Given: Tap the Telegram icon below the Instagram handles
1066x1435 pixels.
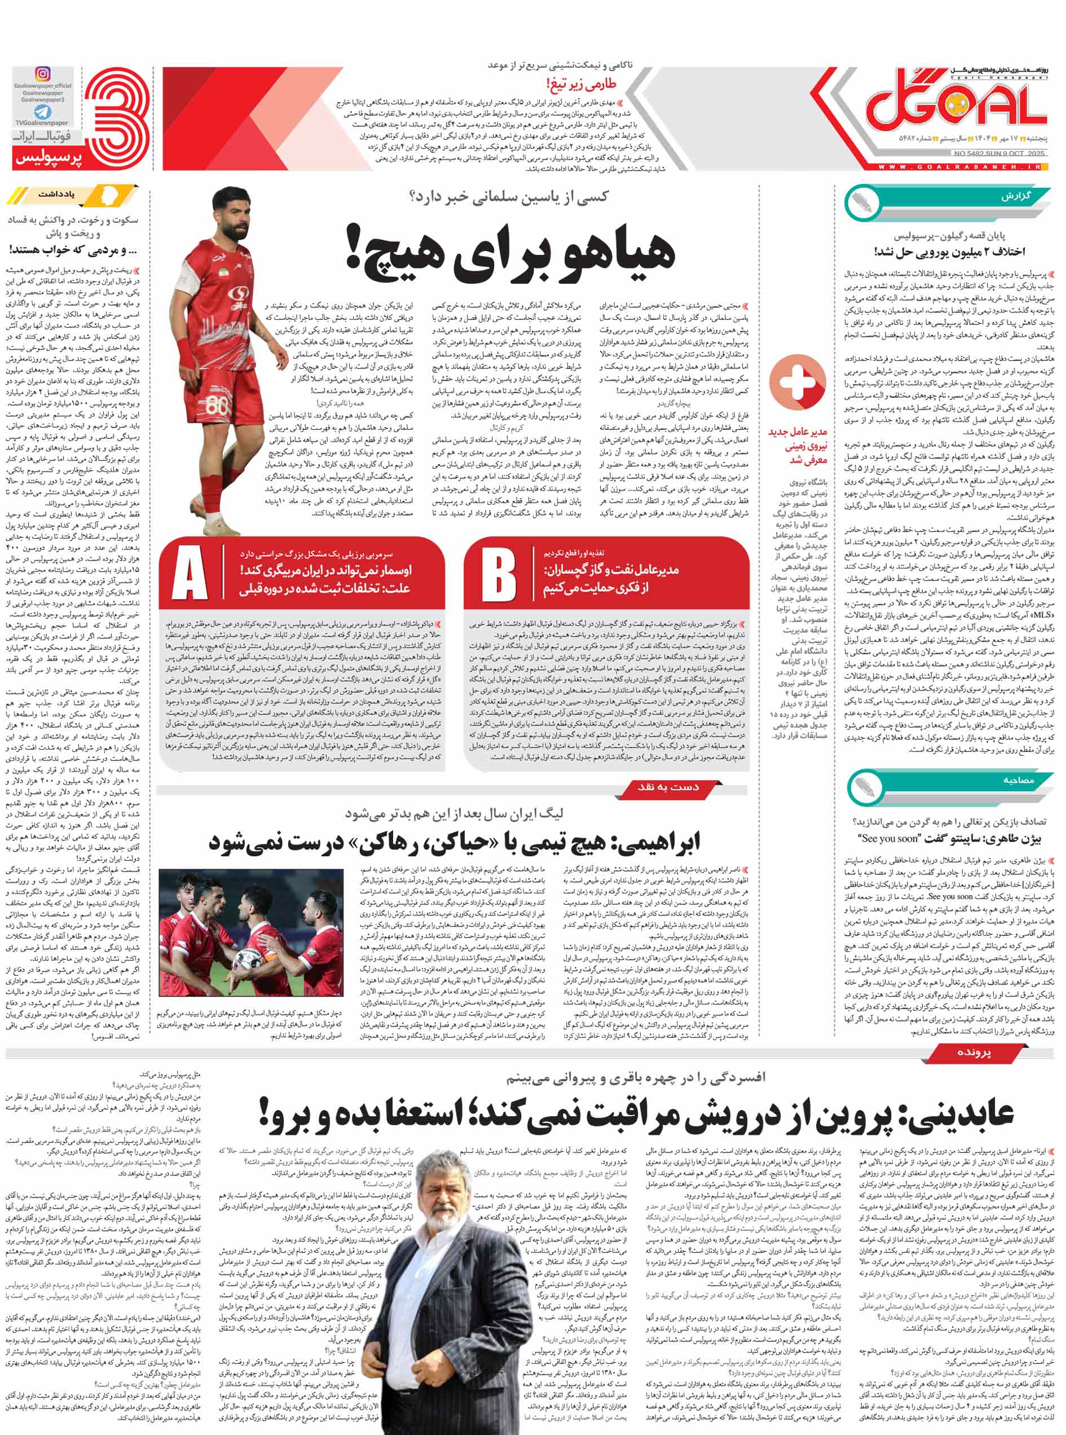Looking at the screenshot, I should (43, 112).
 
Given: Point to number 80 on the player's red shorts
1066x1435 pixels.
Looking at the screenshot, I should (218, 407).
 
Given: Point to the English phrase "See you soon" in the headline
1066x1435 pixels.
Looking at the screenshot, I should (888, 838).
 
